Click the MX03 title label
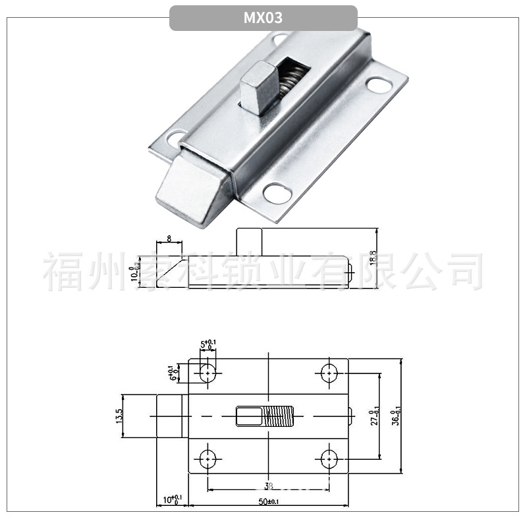click(x=263, y=18)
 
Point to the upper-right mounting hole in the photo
click(x=377, y=85)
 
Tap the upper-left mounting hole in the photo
click(x=177, y=138)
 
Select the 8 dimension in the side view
click(x=169, y=238)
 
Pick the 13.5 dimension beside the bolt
click(x=119, y=416)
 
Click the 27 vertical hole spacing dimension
click(x=374, y=416)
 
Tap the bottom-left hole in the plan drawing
click(x=209, y=457)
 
